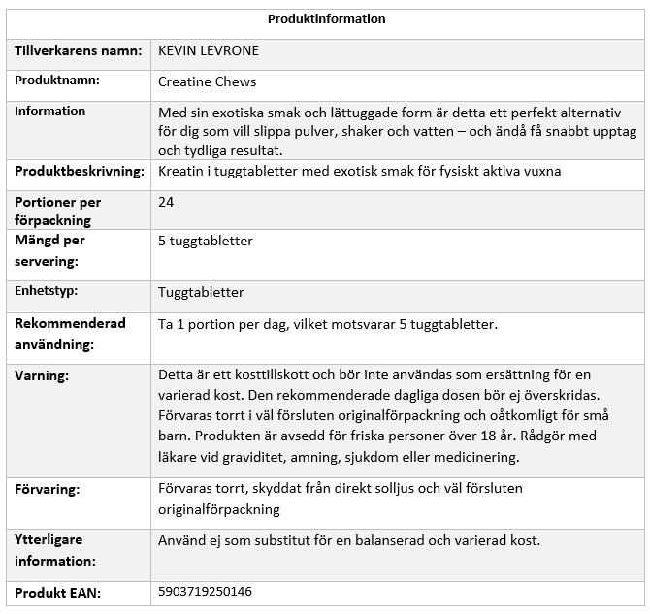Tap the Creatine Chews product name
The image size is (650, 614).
tap(207, 81)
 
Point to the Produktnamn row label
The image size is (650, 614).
tap(57, 81)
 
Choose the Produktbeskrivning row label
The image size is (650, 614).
tap(77, 172)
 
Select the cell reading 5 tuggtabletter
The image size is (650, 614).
tap(205, 241)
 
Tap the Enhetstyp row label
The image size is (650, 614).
tap(46, 290)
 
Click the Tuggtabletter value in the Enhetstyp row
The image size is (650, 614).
tap(201, 291)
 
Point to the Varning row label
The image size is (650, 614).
tap(42, 373)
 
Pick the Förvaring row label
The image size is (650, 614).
tap(47, 490)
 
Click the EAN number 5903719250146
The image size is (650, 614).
tap(204, 590)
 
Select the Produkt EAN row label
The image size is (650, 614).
tap(57, 591)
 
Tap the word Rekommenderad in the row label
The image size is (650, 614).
tap(70, 323)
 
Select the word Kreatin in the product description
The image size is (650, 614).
tap(180, 172)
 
